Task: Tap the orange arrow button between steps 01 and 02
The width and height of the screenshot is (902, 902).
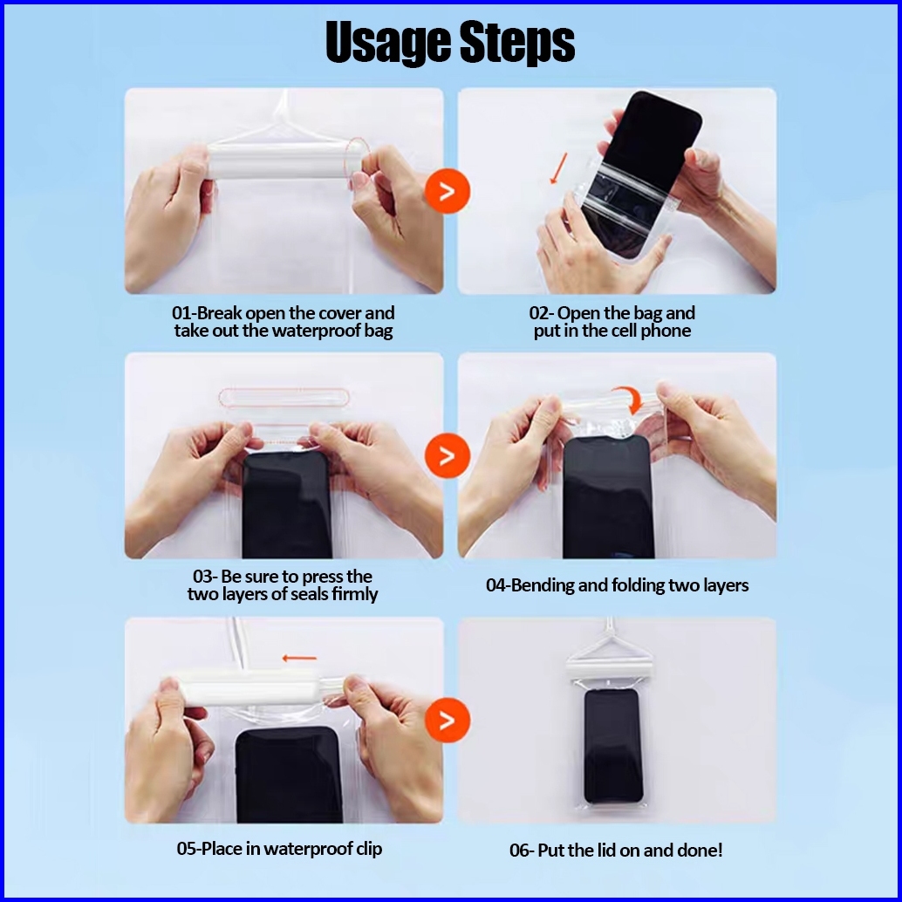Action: pos(447,191)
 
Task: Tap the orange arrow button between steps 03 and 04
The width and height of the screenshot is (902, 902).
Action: pos(447,455)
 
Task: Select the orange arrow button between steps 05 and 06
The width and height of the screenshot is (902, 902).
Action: pos(447,720)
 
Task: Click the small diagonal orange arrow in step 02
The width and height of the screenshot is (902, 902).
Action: pos(558,168)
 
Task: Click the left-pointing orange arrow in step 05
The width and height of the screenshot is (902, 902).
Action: pos(299,658)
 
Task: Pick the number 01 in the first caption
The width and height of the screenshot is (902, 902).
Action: pos(181,313)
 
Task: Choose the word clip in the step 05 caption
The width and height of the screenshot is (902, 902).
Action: pos(367,849)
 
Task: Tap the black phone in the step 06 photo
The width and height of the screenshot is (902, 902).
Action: pos(612,746)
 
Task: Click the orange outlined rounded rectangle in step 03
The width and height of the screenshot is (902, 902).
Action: pos(284,398)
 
